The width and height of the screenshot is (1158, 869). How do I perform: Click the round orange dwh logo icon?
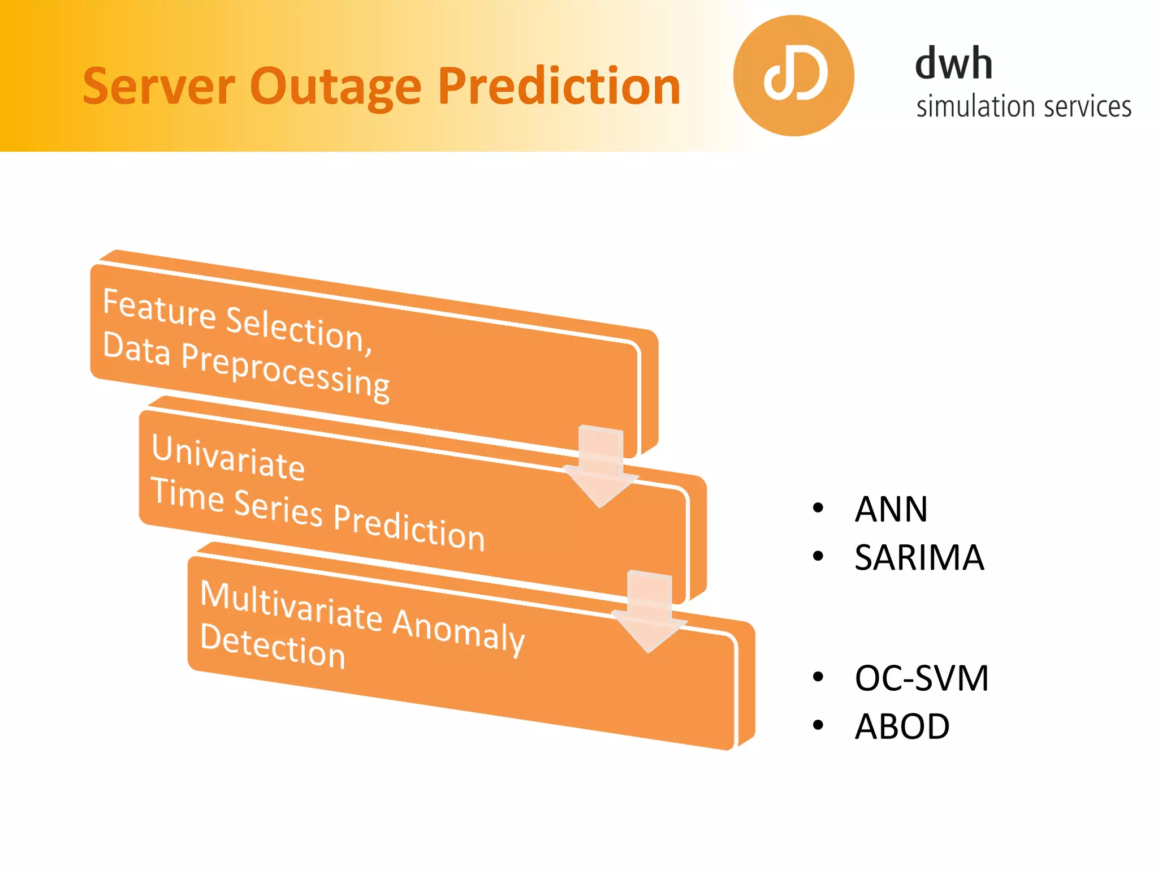coord(793,76)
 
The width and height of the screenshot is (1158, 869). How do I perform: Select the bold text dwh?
coord(953,63)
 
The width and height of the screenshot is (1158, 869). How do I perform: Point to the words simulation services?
coord(1023,107)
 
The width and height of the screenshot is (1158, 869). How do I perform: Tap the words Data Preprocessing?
coord(247,367)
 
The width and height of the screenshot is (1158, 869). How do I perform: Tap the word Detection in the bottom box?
coord(273,647)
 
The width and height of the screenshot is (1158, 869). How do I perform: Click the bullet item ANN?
coord(891,509)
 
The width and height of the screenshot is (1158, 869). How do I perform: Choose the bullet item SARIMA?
coord(919,557)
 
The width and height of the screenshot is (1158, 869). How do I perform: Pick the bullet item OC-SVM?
coord(921,678)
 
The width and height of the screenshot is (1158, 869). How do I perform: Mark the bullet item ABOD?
coord(902,726)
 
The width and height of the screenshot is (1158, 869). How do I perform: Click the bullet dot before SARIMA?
coord(818,557)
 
